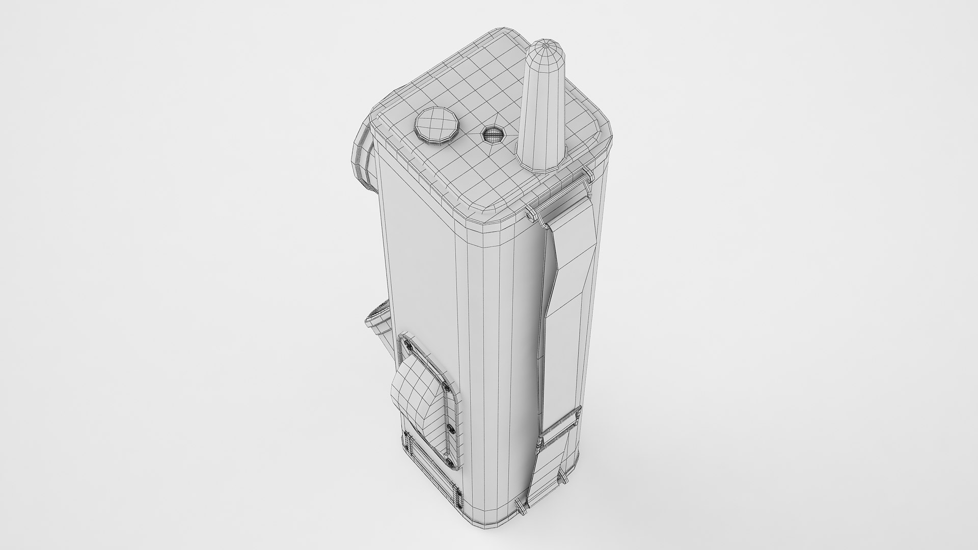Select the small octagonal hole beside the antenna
coord(493,135)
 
